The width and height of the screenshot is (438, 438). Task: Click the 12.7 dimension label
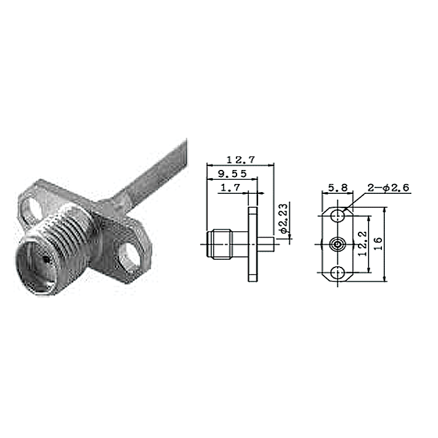pyautogui.click(x=241, y=160)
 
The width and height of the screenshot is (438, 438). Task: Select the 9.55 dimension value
pyautogui.click(x=232, y=174)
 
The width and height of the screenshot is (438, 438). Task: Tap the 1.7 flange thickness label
pyautogui.click(x=231, y=187)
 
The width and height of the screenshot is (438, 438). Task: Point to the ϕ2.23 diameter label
pyautogui.click(x=283, y=218)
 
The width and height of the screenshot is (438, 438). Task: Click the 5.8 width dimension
pyautogui.click(x=338, y=187)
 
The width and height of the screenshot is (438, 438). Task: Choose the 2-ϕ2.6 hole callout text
pyautogui.click(x=388, y=187)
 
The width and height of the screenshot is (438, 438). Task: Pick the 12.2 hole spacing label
pyautogui.click(x=363, y=244)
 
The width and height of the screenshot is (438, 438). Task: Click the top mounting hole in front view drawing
pyautogui.click(x=338, y=216)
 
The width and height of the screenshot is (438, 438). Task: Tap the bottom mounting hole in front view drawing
pyautogui.click(x=338, y=273)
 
